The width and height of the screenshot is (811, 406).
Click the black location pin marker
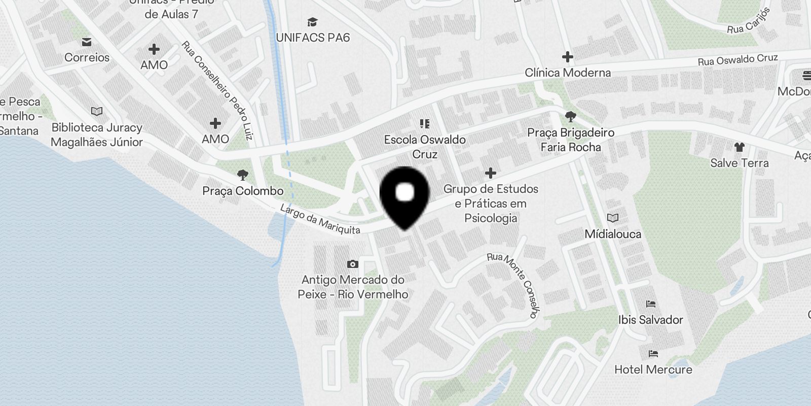[x=404, y=195]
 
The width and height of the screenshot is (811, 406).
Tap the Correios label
[x=87, y=57]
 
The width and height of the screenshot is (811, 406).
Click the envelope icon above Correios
[x=87, y=42]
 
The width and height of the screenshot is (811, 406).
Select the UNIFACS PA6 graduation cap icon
[x=313, y=22]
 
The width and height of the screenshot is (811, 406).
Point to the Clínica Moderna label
[x=568, y=73]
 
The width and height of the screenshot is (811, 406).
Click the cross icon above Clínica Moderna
[x=568, y=56]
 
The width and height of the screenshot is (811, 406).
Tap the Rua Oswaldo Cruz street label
[x=738, y=60]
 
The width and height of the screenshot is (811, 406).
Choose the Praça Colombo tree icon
[x=243, y=175]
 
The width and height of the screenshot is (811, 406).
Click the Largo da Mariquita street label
[x=320, y=219]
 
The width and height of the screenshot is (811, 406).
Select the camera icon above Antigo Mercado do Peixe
[x=353, y=264]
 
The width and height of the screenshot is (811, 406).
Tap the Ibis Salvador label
[x=651, y=320]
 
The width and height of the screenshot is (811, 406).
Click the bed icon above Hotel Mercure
[x=653, y=354]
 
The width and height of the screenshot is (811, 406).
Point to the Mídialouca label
[x=613, y=234]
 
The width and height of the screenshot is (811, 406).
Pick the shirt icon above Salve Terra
[x=739, y=147]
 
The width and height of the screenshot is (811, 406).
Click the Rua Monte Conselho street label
[x=515, y=284]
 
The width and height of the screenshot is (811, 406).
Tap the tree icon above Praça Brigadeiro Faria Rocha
[x=570, y=117]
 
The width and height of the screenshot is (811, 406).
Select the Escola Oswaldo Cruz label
[x=425, y=147]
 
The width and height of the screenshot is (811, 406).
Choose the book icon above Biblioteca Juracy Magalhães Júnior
[x=96, y=111]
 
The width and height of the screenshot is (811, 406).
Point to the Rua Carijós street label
[x=749, y=21]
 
